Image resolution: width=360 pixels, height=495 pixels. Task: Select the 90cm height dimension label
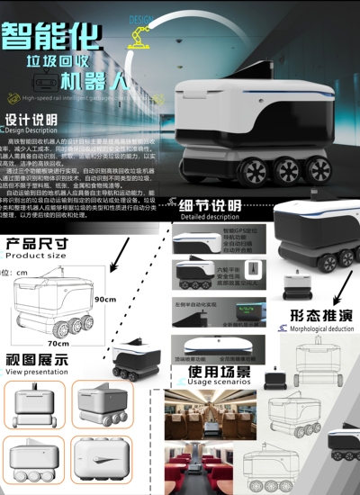click(x=105, y=299)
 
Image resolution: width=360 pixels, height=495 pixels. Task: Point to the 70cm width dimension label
click(x=58, y=343)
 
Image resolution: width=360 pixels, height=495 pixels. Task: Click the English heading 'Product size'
click(x=36, y=256)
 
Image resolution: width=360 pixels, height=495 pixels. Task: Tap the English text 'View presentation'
click(x=37, y=371)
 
